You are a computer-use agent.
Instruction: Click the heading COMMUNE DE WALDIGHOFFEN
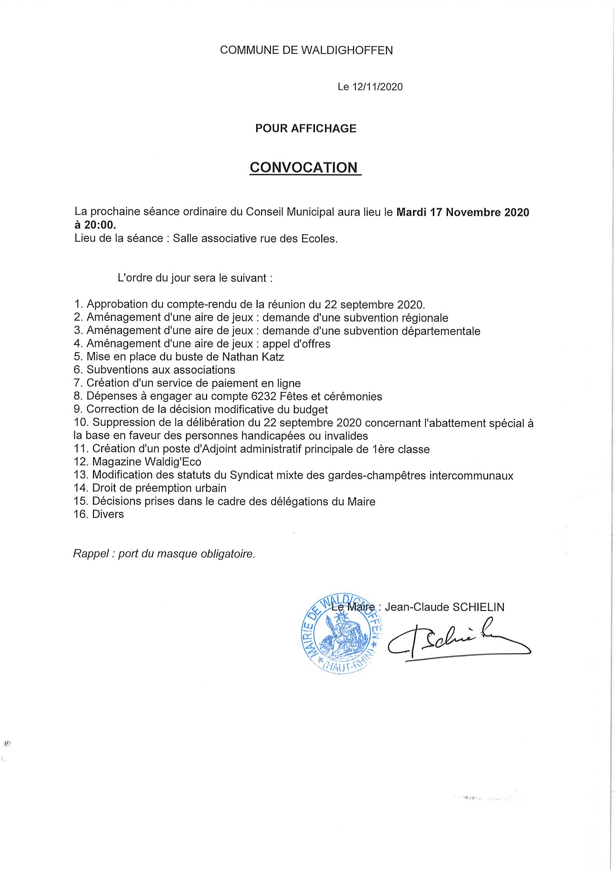pos(306,50)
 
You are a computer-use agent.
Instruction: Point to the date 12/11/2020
pos(377,87)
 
